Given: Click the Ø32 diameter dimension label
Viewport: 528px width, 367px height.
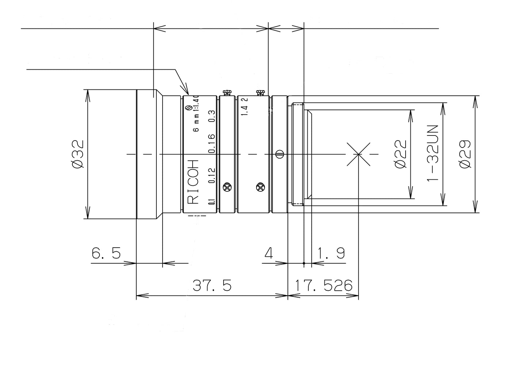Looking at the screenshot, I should point(78,154).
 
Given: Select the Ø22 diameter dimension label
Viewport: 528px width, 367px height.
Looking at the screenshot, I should point(400,154).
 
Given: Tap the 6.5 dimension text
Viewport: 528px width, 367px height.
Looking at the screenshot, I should point(106,253).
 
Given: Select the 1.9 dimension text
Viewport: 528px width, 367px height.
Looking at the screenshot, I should point(331,253).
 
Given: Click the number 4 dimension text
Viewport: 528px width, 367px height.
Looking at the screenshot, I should point(269,253).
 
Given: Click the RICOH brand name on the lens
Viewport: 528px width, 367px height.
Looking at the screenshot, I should point(193,181).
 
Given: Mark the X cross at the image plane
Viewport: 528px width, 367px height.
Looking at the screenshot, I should point(358,154).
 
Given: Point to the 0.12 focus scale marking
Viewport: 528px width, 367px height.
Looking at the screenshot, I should point(211,176).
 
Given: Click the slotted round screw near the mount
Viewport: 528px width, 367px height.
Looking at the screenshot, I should point(280,154).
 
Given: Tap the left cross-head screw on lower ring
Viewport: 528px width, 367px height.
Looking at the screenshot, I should point(227,187).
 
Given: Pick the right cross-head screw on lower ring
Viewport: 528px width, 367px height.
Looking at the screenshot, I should point(260,187).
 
